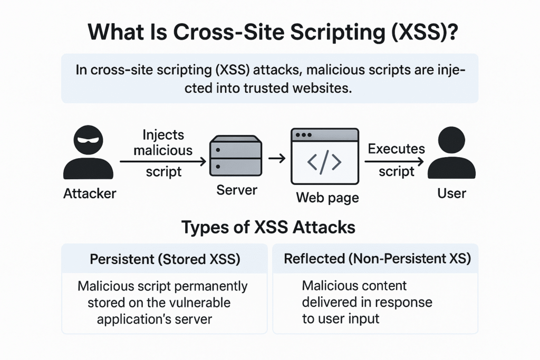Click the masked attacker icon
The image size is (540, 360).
(88, 153)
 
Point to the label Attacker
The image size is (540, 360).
(90, 193)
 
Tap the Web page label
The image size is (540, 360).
(327, 198)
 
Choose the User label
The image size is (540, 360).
(452, 193)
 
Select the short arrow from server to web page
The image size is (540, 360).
(276, 157)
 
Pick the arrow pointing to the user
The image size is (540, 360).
(396, 162)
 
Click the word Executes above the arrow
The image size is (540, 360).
(396, 149)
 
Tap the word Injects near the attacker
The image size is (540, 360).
(163, 135)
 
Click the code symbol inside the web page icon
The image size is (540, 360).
(324, 162)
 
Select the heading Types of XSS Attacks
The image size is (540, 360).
(268, 227)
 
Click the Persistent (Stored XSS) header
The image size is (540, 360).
(165, 259)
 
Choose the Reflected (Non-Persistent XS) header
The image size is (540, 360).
(377, 259)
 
